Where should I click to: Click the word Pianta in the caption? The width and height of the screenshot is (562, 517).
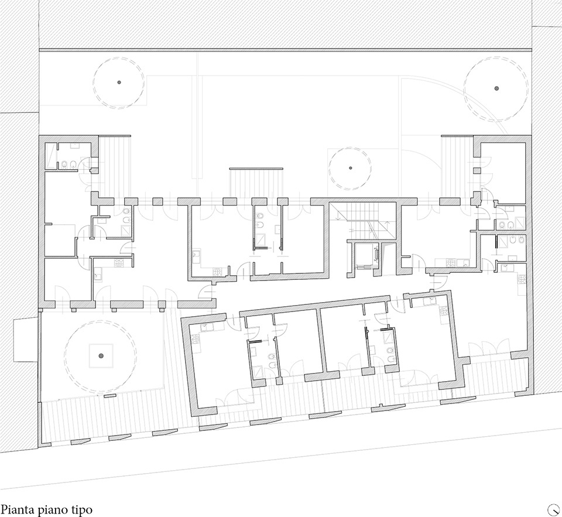pos(13,509)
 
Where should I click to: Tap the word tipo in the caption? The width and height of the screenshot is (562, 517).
pos(81,510)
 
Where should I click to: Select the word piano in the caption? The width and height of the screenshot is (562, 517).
pos(49,510)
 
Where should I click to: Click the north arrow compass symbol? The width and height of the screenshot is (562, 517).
pos(553,509)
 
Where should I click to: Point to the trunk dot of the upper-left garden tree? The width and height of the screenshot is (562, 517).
pos(119,82)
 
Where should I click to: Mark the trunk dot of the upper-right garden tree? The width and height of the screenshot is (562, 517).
pos(496,88)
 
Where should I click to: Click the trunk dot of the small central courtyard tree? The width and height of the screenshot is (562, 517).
pos(351,168)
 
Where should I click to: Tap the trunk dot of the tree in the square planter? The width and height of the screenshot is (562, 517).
pos(101,355)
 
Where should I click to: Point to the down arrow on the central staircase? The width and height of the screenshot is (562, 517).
pos(338,214)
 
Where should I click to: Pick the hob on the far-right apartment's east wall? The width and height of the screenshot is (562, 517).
pos(522,279)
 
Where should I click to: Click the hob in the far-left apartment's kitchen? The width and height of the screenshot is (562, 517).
pos(119,263)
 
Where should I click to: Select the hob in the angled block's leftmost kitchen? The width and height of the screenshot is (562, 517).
pos(196,339)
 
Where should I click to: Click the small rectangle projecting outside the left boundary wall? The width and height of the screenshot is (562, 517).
pos(26,340)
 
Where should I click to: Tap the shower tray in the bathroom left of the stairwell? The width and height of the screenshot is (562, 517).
pos(260,239)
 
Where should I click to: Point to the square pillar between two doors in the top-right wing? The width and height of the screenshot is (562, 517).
pos(476,170)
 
